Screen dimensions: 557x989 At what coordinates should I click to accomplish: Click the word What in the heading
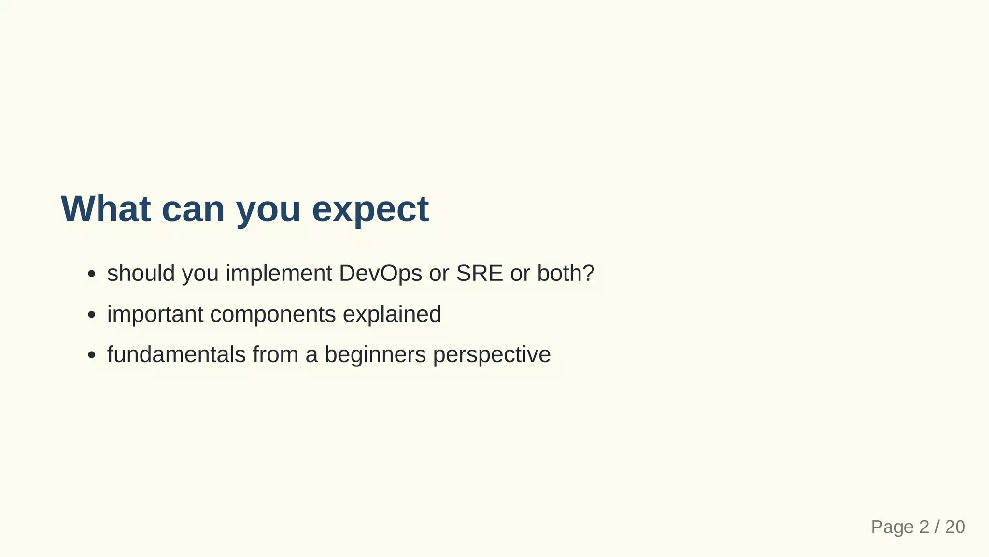coord(105,209)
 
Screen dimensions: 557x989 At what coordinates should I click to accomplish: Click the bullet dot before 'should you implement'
coord(91,274)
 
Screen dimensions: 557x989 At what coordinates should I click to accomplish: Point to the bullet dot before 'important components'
coord(91,315)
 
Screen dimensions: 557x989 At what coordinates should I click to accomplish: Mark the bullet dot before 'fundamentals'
coord(91,355)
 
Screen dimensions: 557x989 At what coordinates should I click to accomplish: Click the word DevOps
coord(381,274)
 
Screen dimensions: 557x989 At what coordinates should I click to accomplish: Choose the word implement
coord(279,274)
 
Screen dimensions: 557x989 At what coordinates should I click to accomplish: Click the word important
coord(155,314)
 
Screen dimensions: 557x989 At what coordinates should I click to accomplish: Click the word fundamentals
coord(176,354)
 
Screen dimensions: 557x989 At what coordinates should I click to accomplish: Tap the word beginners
coord(375,355)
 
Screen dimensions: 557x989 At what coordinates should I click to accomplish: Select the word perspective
coord(492,355)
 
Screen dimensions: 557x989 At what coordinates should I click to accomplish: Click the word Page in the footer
coord(892,527)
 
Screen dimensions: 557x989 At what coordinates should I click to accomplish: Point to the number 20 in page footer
coord(955,527)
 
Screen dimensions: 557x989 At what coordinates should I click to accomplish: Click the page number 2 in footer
coord(924,527)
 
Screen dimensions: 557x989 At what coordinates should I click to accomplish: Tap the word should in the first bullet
coord(141,274)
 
